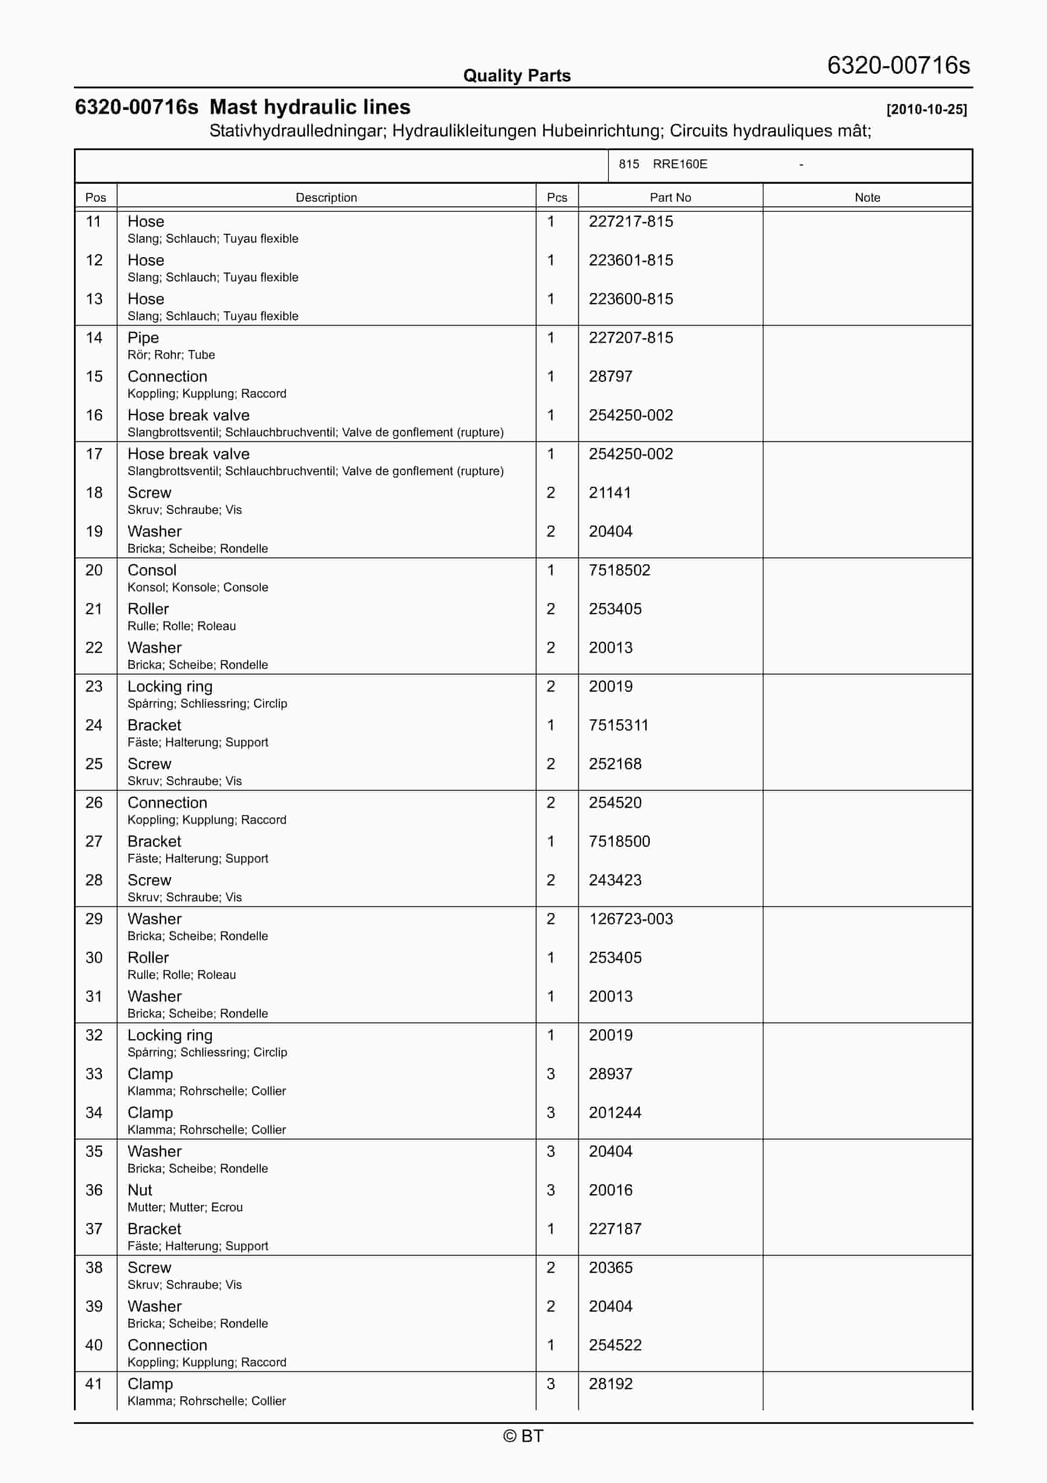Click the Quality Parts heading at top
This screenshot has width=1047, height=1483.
(x=516, y=76)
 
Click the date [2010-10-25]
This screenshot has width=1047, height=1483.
(x=926, y=109)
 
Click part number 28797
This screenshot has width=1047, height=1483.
(x=610, y=376)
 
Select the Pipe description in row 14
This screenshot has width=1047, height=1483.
(x=143, y=338)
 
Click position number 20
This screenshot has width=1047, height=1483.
(x=94, y=570)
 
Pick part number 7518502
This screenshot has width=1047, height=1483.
(x=619, y=570)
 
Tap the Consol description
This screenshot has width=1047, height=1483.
(x=152, y=570)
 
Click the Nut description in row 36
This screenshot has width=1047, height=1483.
(x=139, y=1190)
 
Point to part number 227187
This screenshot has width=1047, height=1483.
(x=615, y=1229)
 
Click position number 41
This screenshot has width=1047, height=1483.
(x=94, y=1384)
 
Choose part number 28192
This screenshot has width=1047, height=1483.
(x=610, y=1384)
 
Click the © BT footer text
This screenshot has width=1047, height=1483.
(x=523, y=1436)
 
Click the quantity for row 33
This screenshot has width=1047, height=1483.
(x=551, y=1074)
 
